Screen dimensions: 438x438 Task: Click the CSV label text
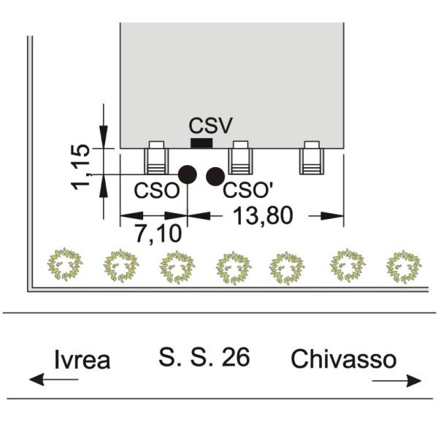click(211, 125)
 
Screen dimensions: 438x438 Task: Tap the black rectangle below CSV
click(201, 143)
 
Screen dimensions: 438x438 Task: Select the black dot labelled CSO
click(188, 174)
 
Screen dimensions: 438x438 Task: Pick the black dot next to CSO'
click(215, 177)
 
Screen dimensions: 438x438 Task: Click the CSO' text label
click(247, 191)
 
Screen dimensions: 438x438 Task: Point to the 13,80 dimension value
click(263, 215)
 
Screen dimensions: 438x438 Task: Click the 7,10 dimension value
click(158, 234)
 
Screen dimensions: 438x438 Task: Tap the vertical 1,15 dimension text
click(81, 167)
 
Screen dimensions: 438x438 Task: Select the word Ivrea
click(82, 359)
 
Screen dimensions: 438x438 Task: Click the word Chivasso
click(344, 358)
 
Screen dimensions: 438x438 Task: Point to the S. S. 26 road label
click(204, 357)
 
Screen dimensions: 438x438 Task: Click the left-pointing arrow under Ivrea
click(53, 380)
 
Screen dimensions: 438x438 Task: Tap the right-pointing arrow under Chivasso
click(397, 381)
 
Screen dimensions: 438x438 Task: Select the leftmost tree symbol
click(65, 264)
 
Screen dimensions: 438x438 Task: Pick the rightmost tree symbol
click(404, 266)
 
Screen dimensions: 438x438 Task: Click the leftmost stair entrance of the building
click(156, 158)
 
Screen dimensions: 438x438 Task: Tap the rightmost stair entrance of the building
click(312, 158)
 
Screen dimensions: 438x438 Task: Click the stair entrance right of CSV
click(240, 158)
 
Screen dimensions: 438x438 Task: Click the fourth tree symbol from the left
click(234, 268)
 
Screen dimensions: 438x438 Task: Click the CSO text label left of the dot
click(156, 191)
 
